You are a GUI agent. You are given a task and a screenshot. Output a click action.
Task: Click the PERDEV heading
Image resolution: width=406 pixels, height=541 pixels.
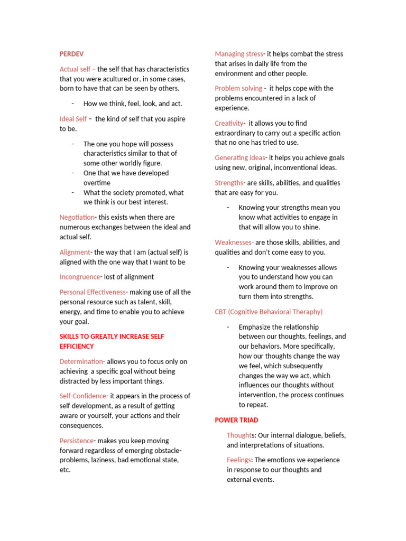71,54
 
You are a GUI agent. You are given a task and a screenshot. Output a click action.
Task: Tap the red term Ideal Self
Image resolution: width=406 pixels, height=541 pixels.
73,119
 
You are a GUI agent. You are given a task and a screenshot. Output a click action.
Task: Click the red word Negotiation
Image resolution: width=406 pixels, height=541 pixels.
77,217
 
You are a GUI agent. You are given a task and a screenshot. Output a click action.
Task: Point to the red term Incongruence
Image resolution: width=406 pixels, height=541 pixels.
80,277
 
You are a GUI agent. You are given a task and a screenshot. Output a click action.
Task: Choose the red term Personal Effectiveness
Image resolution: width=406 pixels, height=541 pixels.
93,292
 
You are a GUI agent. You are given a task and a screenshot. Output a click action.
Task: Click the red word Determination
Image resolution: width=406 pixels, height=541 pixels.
82,361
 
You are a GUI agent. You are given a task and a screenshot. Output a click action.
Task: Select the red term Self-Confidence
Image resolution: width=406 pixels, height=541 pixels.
82,396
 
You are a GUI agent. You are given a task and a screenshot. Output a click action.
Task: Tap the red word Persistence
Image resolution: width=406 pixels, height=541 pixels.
77,441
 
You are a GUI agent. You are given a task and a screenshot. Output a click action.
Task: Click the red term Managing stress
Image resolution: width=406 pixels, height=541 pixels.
238,54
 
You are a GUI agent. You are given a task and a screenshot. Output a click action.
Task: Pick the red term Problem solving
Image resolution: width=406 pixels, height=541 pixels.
238,88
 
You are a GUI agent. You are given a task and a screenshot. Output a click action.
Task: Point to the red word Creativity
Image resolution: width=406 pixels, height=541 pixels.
229,123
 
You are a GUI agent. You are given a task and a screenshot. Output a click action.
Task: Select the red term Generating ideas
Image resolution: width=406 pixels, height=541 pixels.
240,157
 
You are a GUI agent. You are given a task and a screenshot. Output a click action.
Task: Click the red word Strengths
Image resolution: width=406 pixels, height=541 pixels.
229,183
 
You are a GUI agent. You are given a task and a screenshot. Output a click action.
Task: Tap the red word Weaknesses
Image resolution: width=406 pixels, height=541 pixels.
234,242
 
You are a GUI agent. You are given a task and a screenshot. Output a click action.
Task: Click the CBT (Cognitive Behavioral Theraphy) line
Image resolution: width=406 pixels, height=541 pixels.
269,312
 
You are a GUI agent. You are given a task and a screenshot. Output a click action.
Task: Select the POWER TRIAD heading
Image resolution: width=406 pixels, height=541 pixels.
236,420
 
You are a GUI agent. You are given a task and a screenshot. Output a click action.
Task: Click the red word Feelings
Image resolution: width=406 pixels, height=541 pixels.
239,460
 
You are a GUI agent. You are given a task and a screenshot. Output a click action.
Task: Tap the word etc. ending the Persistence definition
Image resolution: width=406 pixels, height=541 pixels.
65,470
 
